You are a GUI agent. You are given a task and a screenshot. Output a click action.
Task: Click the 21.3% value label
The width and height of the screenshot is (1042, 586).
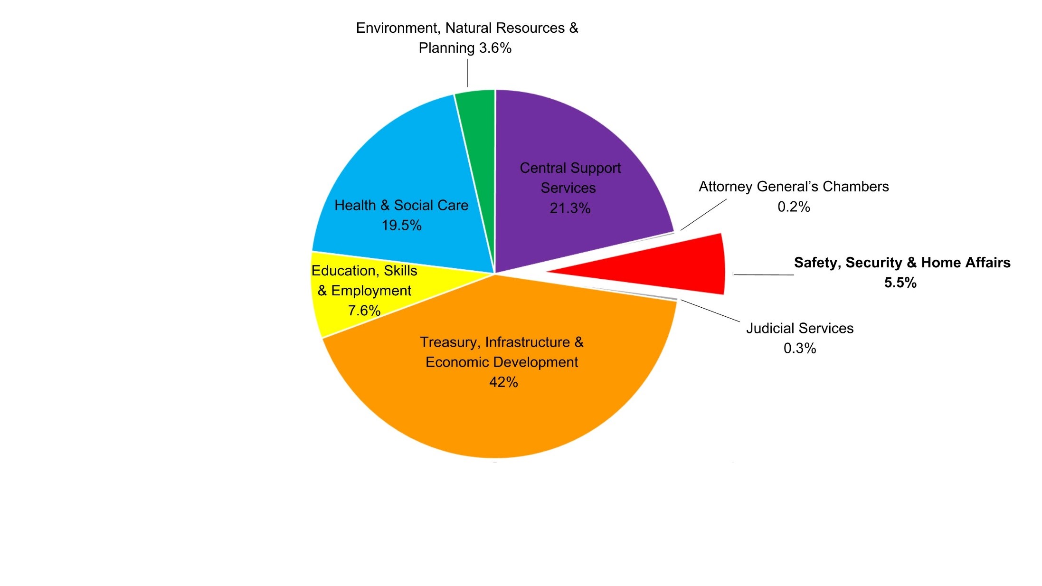tap(570, 208)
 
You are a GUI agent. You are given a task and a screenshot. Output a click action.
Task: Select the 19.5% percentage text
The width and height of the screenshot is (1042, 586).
tap(401, 225)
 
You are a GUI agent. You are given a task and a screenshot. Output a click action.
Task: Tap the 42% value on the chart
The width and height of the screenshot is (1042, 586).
tap(503, 382)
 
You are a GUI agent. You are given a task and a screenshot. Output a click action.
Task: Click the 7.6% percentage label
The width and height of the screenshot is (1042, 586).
tap(364, 311)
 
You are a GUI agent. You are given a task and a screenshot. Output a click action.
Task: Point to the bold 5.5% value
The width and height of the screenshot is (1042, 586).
tap(900, 283)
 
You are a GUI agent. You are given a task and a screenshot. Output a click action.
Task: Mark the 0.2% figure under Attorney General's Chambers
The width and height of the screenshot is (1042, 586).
tap(794, 207)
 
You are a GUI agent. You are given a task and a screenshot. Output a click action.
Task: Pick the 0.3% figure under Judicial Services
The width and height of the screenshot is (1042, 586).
tap(800, 348)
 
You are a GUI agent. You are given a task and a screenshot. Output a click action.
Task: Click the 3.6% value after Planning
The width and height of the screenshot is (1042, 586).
tap(495, 48)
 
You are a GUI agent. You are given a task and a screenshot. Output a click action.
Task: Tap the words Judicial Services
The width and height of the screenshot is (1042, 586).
tap(800, 328)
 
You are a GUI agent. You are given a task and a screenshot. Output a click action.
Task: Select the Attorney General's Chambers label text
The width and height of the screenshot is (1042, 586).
tap(794, 187)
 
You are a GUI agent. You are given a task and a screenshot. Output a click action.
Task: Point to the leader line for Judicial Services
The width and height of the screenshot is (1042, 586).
tap(710, 311)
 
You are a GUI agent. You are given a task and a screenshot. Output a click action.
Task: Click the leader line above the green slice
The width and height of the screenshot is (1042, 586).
tap(467, 73)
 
